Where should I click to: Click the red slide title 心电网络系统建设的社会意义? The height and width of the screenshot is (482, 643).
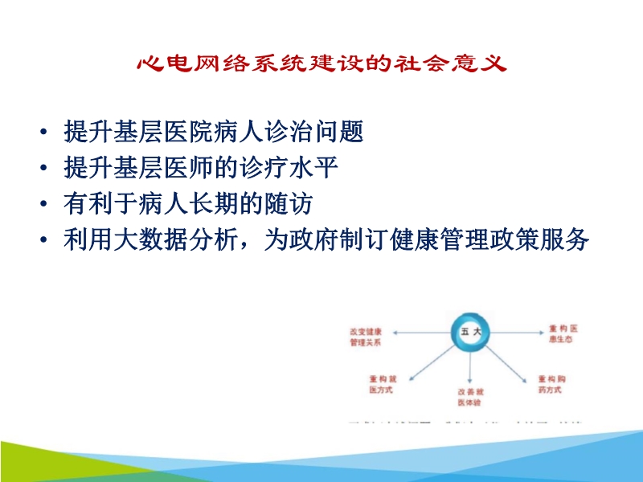click(x=321, y=63)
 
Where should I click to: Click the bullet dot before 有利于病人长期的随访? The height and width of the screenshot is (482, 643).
click(x=42, y=206)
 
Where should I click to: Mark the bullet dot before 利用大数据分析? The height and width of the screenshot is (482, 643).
click(x=42, y=243)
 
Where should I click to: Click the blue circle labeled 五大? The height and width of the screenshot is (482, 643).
click(x=469, y=332)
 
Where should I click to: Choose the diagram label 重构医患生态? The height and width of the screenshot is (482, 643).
click(x=565, y=334)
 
